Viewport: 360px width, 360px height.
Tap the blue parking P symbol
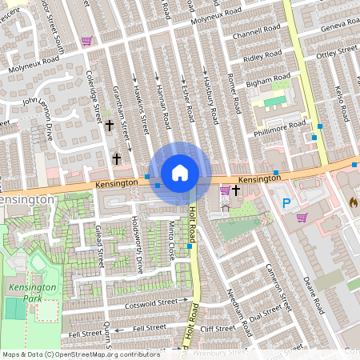tap(286, 203)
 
